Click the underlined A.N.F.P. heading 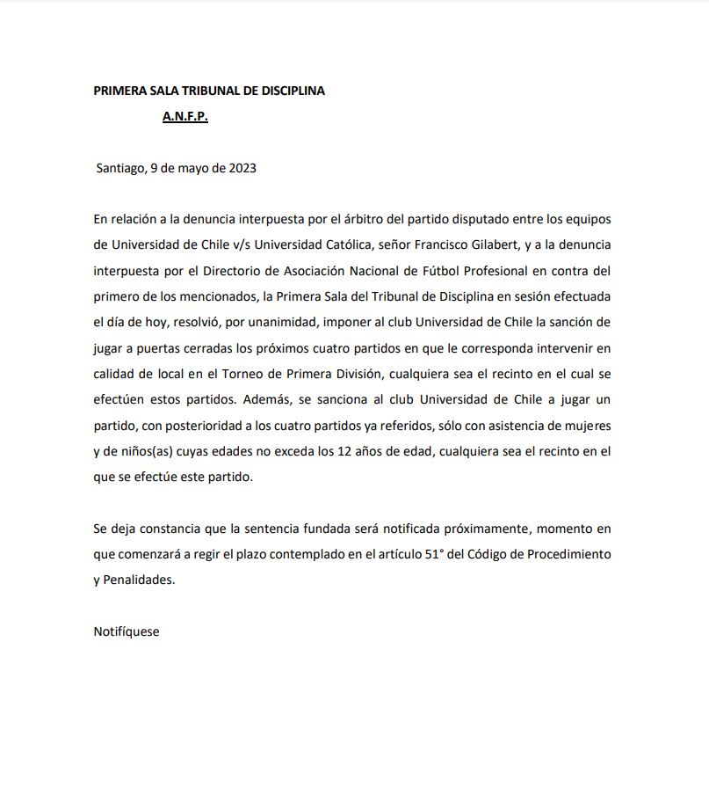coord(184,116)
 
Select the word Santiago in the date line coord(120,167)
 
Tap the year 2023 coord(242,167)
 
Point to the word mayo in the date coord(194,167)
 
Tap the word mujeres coord(588,426)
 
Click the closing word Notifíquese coord(127,631)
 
